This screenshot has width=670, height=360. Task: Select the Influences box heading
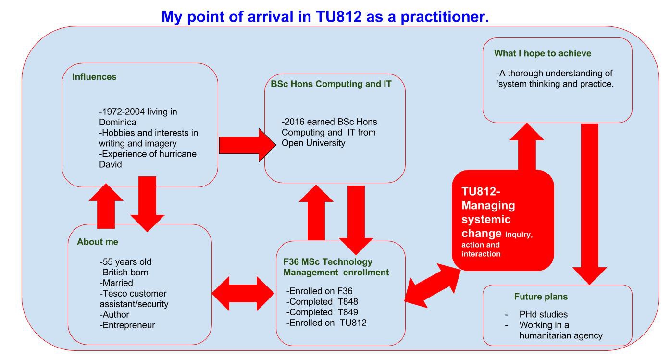tap(94, 77)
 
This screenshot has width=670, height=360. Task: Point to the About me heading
tap(97, 242)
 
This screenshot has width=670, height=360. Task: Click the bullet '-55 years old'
tap(125, 262)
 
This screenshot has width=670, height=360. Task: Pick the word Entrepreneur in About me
tap(129, 325)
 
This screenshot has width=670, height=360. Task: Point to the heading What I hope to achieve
tap(543, 53)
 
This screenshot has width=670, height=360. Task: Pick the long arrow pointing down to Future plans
tap(589, 202)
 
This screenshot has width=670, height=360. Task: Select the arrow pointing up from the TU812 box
tap(527, 147)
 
